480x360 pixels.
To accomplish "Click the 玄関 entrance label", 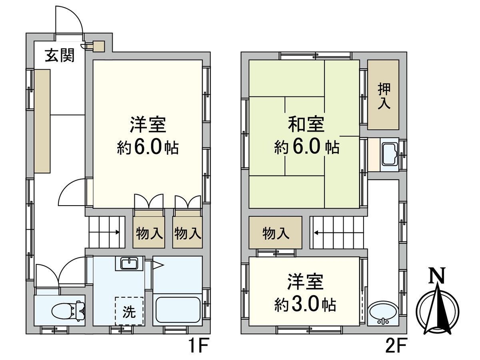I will (x=59, y=56).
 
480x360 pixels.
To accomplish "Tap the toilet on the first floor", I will (x=68, y=310).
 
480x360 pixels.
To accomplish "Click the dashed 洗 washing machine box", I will (x=129, y=311).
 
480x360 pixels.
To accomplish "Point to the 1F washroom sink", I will (x=129, y=264).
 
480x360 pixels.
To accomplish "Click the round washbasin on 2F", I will (x=383, y=313).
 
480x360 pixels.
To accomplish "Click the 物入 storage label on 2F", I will (x=276, y=233).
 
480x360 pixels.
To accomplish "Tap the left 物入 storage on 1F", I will (x=149, y=233).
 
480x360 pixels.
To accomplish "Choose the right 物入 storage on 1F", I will (x=187, y=233).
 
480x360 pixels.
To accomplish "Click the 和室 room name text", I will (x=306, y=125).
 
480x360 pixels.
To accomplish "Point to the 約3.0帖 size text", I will (x=305, y=305).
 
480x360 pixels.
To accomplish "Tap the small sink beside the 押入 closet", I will (x=389, y=154).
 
